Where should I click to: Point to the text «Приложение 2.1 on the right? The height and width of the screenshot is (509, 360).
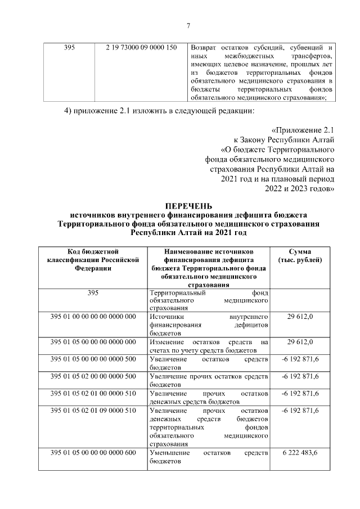tap(304, 132)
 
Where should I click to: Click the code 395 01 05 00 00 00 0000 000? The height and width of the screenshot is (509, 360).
tap(93, 342)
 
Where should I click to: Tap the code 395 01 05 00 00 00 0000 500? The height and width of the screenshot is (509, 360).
tap(93, 359)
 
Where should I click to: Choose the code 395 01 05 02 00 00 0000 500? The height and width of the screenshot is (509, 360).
tap(93, 376)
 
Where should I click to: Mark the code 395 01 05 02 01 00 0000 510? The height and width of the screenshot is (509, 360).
tap(93, 393)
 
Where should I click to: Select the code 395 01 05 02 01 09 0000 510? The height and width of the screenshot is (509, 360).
tap(93, 410)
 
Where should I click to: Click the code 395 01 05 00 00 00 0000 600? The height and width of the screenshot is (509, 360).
tap(93, 453)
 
